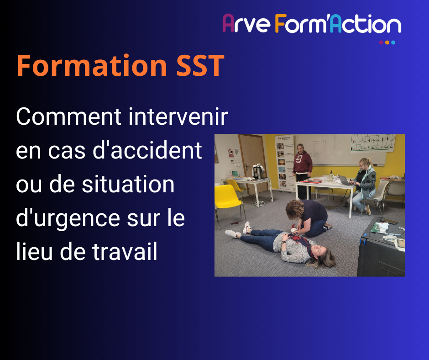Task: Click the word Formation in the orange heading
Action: pos(92,65)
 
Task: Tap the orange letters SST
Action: pos(200,65)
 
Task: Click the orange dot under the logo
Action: pos(387,42)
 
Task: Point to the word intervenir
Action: pos(178,116)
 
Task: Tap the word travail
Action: pos(125,251)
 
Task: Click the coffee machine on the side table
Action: pos(257,172)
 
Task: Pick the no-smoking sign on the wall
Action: pos(230,153)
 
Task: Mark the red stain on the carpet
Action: pos(235,223)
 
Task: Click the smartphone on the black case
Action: pos(388,221)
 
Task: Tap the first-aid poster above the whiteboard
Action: pos(373,143)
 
